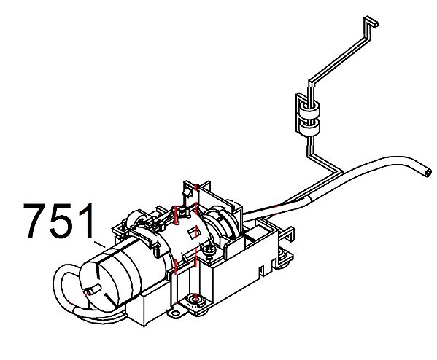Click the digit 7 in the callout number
(35, 221)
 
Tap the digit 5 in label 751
(60, 221)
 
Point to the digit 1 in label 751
(85, 221)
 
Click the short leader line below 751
(99, 244)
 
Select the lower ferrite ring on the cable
(309, 128)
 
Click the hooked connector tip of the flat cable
(371, 23)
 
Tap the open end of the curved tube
(428, 172)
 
